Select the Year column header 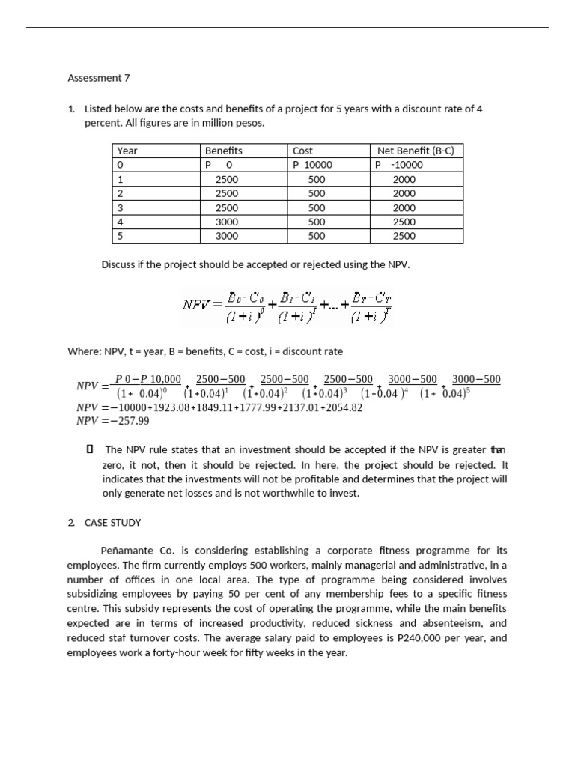pos(127,151)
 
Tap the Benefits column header pos(223,151)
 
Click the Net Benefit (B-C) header pos(416,151)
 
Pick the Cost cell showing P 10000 pos(312,165)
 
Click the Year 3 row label pos(121,207)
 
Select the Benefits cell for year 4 pos(226,222)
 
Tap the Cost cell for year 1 pos(317,179)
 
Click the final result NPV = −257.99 pos(113,421)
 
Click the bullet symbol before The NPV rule pos(89,449)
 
